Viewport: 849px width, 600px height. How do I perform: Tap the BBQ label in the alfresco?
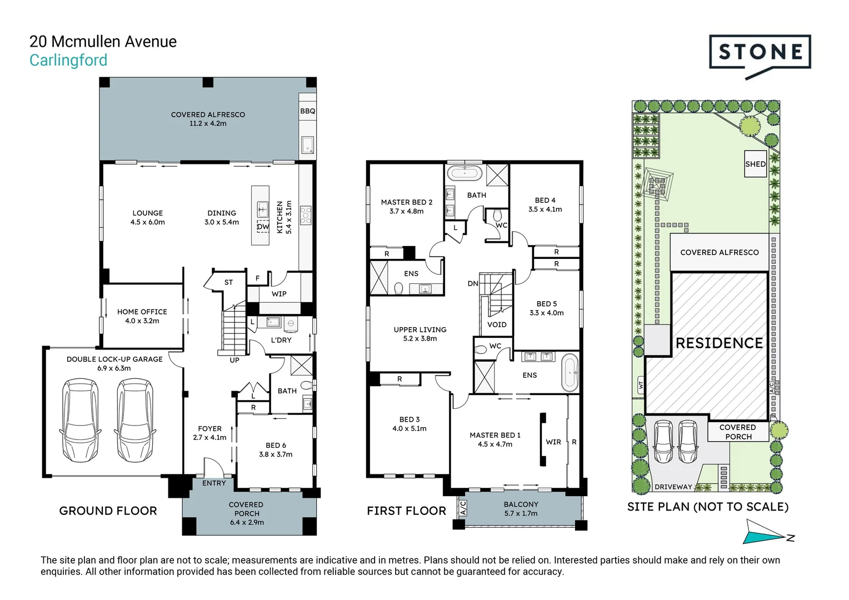coord(307,111)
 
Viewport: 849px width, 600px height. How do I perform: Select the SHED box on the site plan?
coord(755,164)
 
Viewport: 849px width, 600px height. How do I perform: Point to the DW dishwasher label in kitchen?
coord(263,227)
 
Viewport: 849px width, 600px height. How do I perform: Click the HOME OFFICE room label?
coord(142,312)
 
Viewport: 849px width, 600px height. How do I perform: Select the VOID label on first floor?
coord(497,324)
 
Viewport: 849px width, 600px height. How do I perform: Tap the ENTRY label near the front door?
coord(214,483)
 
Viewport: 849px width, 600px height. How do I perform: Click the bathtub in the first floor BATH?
coord(465,173)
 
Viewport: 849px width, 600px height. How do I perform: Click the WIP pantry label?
coord(279,294)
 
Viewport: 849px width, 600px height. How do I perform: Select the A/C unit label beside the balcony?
coord(463,508)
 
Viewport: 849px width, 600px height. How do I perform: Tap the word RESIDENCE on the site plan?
coord(719,343)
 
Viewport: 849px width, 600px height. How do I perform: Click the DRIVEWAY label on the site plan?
coord(673,487)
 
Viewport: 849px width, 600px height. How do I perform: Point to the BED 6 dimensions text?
coord(276,454)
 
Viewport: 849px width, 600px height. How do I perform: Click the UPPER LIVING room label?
coord(420,329)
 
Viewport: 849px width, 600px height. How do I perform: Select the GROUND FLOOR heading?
coord(108,511)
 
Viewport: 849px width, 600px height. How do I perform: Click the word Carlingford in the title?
coord(68,60)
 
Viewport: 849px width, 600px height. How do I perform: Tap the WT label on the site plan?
coord(641,385)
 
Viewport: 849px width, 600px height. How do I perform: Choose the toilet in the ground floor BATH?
coord(306,385)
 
